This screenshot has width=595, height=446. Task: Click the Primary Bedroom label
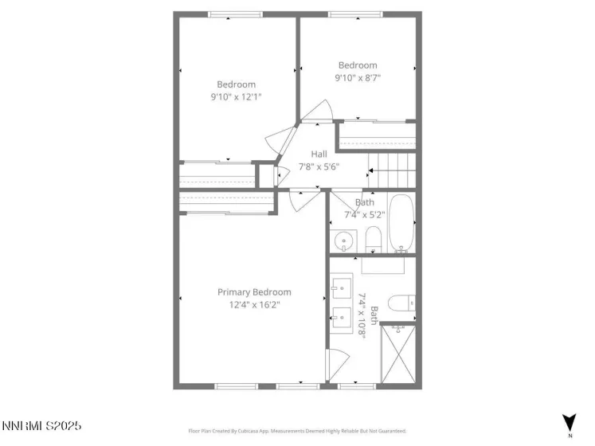254,292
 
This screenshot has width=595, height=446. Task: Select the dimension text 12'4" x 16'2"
254,304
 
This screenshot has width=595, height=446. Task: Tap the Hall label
319,155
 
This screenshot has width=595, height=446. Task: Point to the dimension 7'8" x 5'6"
319,167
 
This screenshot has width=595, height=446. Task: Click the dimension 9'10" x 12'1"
237,96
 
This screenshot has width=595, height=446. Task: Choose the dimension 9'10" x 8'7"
358,78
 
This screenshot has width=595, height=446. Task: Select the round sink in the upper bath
345,239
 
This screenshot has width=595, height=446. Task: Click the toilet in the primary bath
401,303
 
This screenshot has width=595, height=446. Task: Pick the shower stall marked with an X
398,353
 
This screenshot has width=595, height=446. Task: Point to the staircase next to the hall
390,169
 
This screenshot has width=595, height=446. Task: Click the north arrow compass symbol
570,424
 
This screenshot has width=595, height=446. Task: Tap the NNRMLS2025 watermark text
41,427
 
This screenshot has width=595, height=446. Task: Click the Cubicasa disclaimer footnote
297,431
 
